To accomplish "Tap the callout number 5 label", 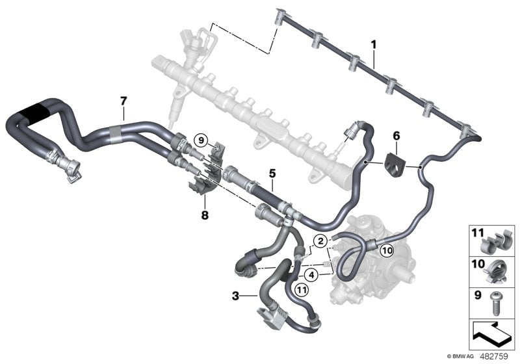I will point(273,174).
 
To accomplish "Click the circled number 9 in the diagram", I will point(201,139).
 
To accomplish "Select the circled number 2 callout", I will point(320,241).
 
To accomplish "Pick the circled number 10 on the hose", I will point(386,249).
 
